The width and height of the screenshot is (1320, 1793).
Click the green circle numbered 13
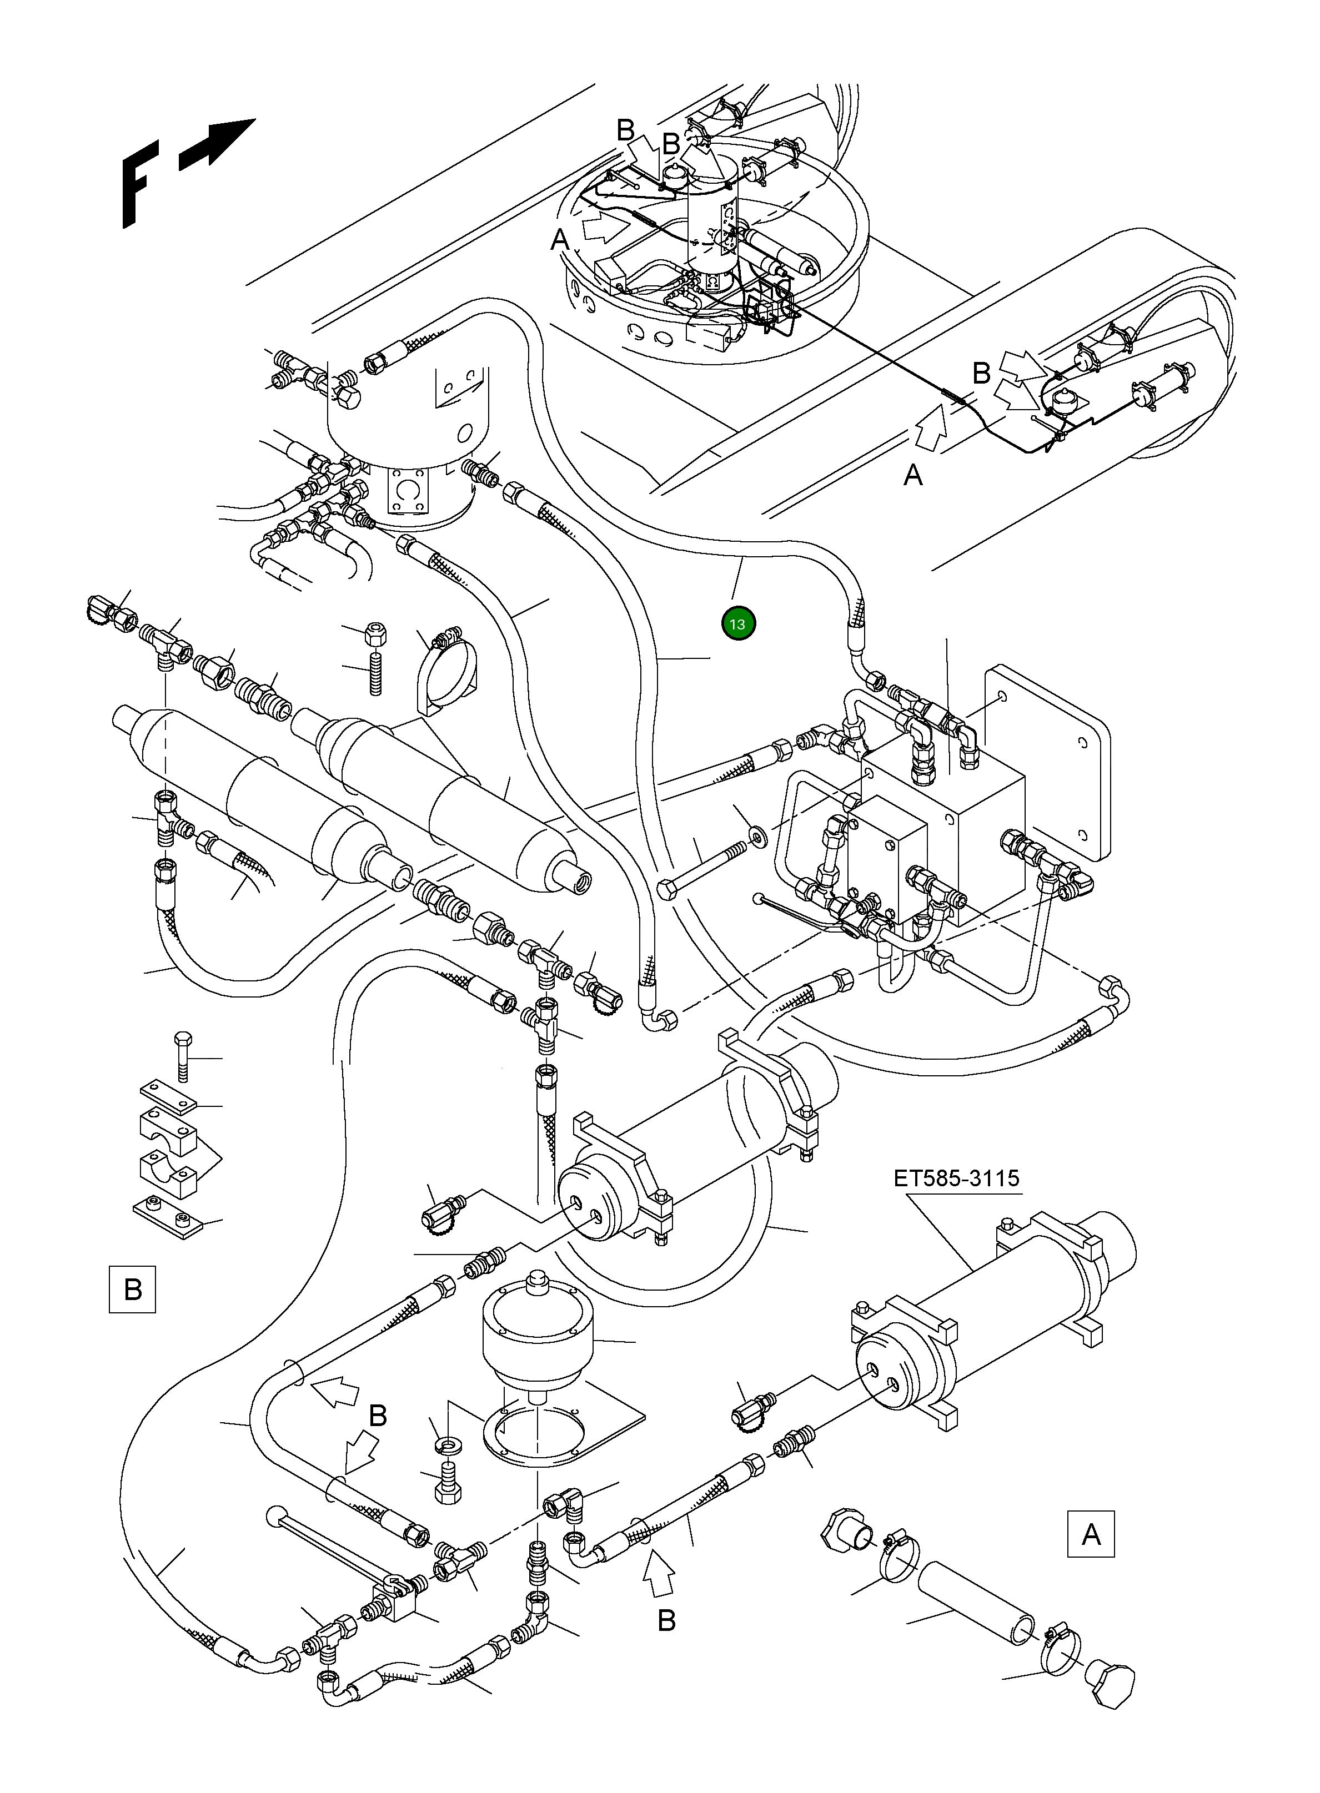click(x=737, y=624)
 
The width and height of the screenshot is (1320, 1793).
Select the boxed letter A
click(x=1091, y=1534)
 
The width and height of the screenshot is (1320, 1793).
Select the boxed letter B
click(x=133, y=1289)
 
